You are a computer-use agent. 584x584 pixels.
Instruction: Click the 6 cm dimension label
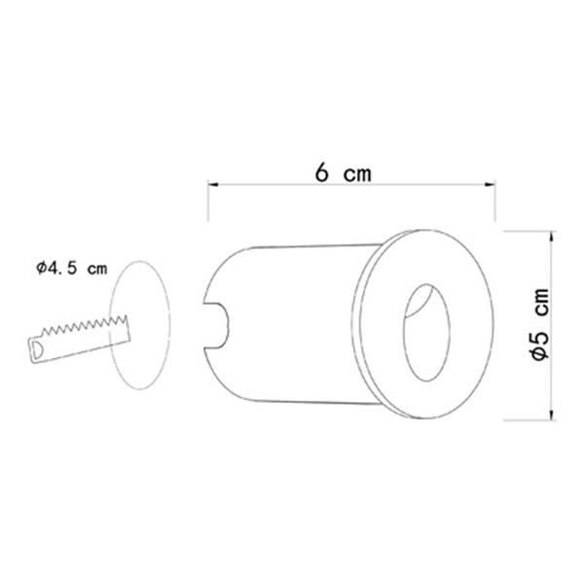point(343,173)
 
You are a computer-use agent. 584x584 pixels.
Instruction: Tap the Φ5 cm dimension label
point(541,324)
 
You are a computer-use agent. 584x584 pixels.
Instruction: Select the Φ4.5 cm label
point(71,269)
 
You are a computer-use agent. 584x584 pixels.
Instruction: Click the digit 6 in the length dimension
point(321,173)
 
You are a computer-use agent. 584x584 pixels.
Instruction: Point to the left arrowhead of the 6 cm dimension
point(212,184)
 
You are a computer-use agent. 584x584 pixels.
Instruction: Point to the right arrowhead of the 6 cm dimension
point(491,184)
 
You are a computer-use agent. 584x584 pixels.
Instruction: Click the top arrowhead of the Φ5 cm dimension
point(552,237)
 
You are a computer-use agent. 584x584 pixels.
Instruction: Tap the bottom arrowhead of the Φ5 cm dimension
point(552,415)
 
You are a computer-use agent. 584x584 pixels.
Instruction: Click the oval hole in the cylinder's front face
point(427,333)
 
